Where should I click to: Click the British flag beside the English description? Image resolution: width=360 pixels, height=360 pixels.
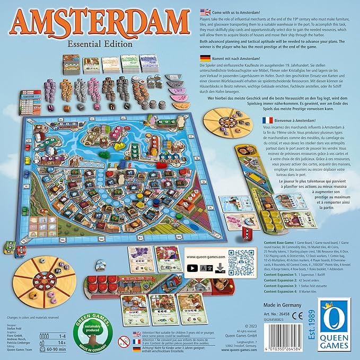point(201,11)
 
